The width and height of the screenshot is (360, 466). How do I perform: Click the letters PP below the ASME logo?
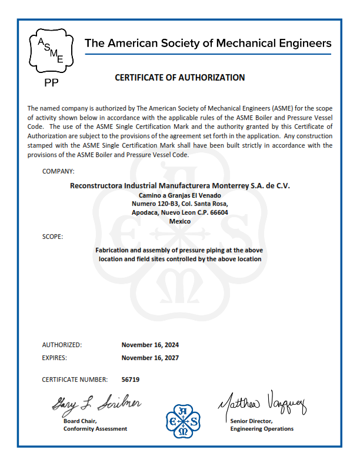coord(52,83)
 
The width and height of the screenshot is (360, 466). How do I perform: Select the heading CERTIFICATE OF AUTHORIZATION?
coord(179,77)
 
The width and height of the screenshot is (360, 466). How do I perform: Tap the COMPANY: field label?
coord(58,171)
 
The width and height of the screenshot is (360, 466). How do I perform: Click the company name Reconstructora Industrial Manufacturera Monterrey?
coord(180,185)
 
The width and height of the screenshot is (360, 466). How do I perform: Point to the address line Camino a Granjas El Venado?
coord(180,195)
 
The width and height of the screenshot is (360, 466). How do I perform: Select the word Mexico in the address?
coord(180,221)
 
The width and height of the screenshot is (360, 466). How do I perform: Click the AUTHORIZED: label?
coord(62,345)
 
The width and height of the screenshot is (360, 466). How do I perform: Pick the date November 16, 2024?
coord(150,345)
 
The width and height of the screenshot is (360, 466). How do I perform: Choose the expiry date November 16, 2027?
coord(150,357)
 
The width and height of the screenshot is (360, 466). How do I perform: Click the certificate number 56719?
coord(131,380)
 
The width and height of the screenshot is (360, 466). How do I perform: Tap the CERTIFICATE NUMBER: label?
coord(75,380)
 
